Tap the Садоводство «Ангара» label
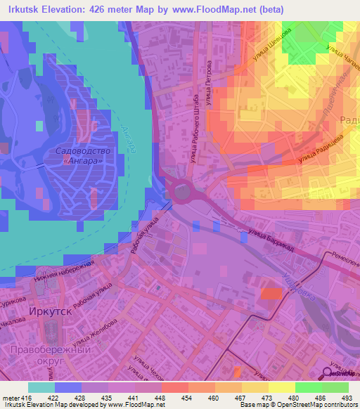[x=79, y=156]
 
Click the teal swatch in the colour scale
[x=41, y=387]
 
